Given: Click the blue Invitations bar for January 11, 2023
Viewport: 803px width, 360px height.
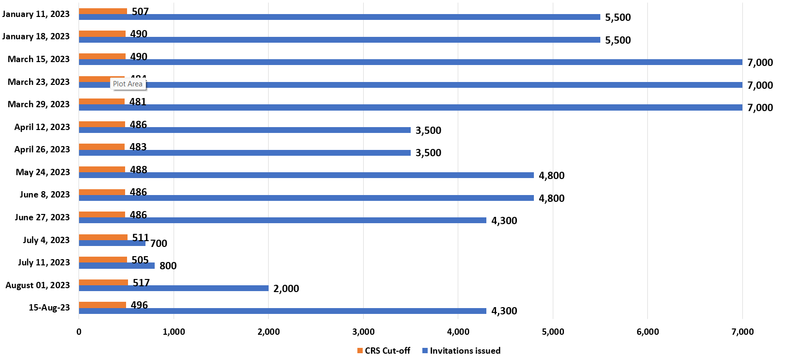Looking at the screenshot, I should click(339, 17).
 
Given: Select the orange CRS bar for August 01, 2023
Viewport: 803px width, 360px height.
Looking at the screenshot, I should click(103, 282).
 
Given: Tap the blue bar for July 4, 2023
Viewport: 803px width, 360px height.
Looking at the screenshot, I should click(112, 243).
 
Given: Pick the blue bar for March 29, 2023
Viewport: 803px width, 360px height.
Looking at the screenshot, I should click(410, 107).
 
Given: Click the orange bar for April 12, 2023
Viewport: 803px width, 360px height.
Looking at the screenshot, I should click(102, 124).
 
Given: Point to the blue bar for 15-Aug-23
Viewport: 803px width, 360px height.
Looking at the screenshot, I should click(282, 311).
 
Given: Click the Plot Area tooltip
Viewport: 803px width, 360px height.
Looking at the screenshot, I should click(128, 84).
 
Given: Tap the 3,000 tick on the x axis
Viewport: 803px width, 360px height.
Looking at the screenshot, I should click(363, 332).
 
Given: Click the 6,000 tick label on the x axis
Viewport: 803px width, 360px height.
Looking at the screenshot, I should click(647, 332).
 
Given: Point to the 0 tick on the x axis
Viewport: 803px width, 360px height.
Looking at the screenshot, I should click(79, 332).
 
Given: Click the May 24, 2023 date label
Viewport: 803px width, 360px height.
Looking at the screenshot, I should click(43, 172).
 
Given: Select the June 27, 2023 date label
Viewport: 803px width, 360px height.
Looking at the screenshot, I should click(42, 217).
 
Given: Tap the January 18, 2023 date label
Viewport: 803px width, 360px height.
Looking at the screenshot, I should click(36, 36).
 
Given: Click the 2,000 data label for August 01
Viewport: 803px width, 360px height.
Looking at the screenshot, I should click(286, 289).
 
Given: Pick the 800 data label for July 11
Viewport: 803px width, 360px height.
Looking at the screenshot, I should click(168, 266).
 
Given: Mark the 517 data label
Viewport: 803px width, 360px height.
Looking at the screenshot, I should click(141, 282).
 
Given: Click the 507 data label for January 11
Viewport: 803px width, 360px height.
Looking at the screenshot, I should click(140, 11).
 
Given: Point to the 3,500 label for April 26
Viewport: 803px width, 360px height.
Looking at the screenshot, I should click(428, 153).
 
